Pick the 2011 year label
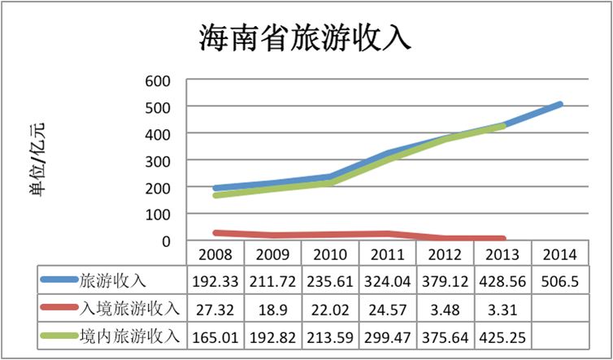click(387, 254)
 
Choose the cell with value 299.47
click(387, 336)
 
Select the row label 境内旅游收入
click(125, 336)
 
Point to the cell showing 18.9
click(272, 309)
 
